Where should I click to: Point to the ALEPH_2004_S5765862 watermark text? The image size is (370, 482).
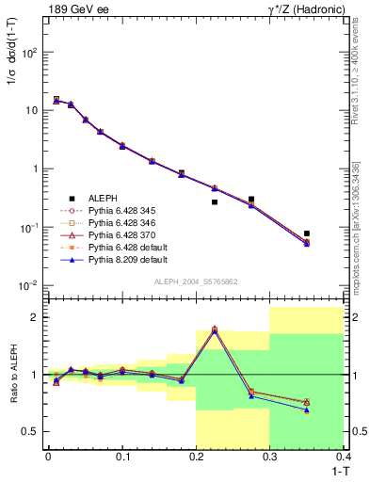(x=195, y=281)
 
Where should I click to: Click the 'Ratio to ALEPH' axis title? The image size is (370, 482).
(x=12, y=375)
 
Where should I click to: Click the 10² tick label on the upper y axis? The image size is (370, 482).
(x=31, y=53)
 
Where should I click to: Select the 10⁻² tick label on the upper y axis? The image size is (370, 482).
(x=31, y=285)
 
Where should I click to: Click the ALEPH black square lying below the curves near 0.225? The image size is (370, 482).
(x=215, y=201)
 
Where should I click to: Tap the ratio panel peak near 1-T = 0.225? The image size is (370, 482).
(x=215, y=329)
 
